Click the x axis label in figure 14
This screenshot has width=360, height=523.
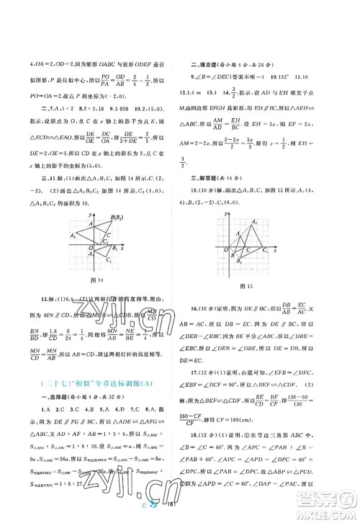click(123, 248)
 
